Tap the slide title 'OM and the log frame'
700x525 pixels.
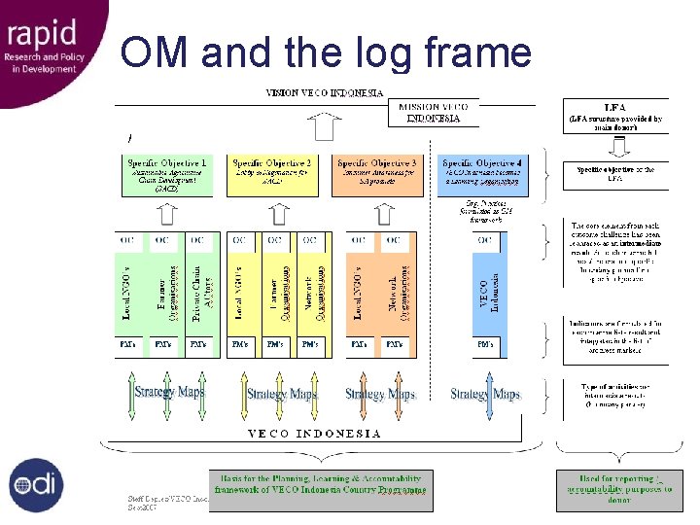pos(326,52)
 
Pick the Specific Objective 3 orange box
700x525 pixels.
pos(375,175)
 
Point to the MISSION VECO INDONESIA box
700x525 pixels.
pos(434,113)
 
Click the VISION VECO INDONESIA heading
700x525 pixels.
pos(325,93)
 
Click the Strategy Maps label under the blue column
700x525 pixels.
pos(485,394)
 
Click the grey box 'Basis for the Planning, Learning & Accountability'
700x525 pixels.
pos(321,490)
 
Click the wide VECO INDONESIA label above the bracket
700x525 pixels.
pos(314,434)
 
